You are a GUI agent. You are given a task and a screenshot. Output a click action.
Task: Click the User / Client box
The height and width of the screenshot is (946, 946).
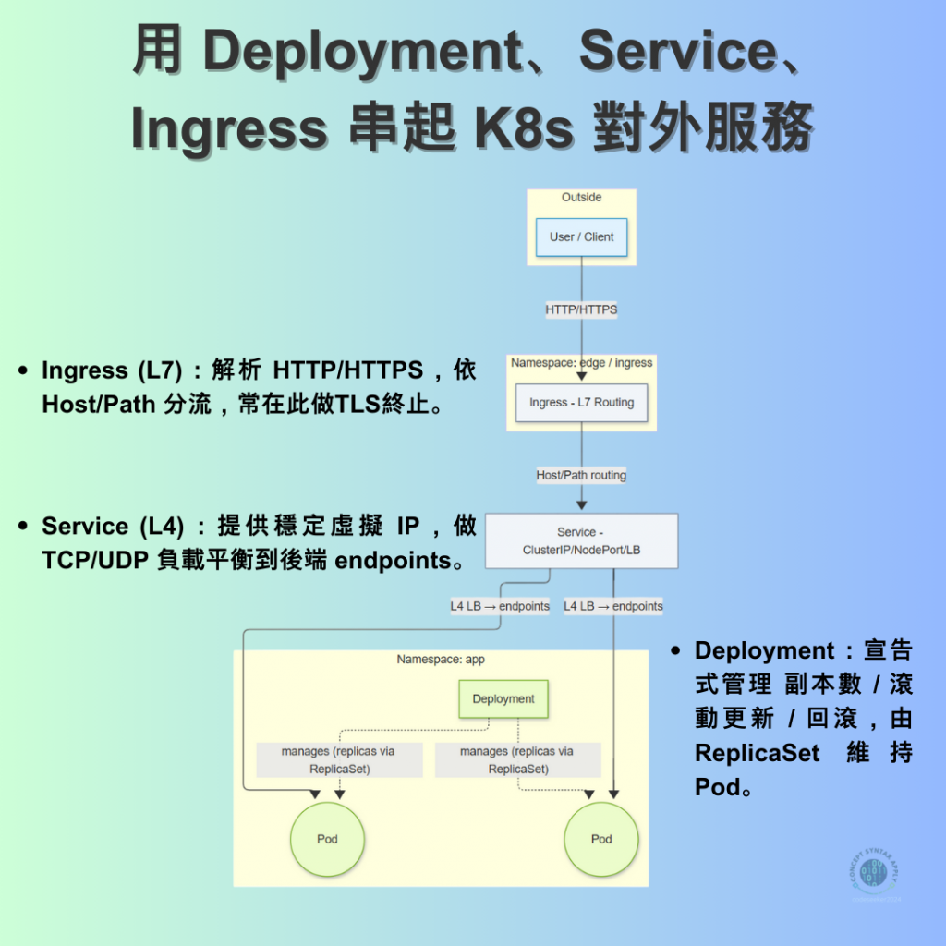pyautogui.click(x=581, y=237)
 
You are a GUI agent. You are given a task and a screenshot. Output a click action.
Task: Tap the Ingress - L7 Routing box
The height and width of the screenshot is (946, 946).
pyautogui.click(x=581, y=403)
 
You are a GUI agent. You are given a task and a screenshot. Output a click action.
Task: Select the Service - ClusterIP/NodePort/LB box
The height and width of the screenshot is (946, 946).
pyautogui.click(x=581, y=540)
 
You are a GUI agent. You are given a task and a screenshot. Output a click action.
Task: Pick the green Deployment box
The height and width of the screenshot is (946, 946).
pyautogui.click(x=503, y=699)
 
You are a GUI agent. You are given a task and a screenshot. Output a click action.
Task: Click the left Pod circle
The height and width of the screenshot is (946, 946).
pyautogui.click(x=327, y=839)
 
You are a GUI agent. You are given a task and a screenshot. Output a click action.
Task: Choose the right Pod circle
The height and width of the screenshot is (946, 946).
pyautogui.click(x=601, y=839)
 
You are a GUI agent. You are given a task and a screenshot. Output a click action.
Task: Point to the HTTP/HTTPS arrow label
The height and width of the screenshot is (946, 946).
pyautogui.click(x=581, y=310)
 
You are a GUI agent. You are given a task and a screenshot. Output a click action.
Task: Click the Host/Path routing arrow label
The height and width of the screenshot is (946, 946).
pyautogui.click(x=581, y=475)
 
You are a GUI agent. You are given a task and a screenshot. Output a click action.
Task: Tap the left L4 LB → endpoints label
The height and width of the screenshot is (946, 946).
pyautogui.click(x=500, y=606)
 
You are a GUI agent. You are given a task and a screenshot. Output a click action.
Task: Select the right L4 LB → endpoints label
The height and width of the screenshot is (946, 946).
pyautogui.click(x=613, y=606)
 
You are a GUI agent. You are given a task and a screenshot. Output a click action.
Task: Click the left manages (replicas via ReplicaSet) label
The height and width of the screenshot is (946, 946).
pyautogui.click(x=338, y=759)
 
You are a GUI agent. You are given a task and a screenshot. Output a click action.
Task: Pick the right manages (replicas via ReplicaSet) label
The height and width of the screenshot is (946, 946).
pyautogui.click(x=517, y=759)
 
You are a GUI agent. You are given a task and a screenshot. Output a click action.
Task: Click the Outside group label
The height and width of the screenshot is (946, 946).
pyautogui.click(x=581, y=198)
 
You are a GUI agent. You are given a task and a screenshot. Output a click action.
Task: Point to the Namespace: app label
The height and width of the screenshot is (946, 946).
pyautogui.click(x=441, y=660)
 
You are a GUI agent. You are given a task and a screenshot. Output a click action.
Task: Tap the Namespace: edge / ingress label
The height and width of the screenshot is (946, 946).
pyautogui.click(x=581, y=363)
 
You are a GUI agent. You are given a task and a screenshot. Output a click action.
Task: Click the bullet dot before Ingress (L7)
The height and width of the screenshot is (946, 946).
pyautogui.click(x=23, y=371)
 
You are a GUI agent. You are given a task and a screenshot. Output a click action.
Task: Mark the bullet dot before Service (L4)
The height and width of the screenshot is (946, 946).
pyautogui.click(x=23, y=527)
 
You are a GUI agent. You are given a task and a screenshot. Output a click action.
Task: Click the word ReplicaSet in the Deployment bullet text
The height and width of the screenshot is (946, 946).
pyautogui.click(x=757, y=753)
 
